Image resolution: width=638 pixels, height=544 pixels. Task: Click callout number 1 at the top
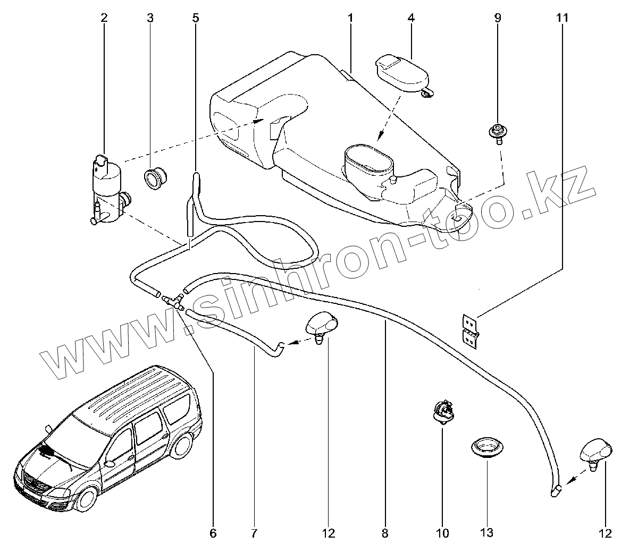tap(351, 18)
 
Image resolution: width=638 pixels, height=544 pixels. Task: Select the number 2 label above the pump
tap(104, 18)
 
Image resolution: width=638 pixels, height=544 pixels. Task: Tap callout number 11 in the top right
tap(563, 18)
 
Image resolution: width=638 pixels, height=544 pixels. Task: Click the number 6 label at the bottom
tap(213, 532)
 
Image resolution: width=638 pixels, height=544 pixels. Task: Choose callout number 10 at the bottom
tap(443, 532)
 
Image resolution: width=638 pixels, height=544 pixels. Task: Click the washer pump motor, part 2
tap(108, 189)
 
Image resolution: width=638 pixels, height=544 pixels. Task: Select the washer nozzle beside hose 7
tap(322, 325)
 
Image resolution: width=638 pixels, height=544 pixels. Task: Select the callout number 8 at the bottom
tap(385, 532)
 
